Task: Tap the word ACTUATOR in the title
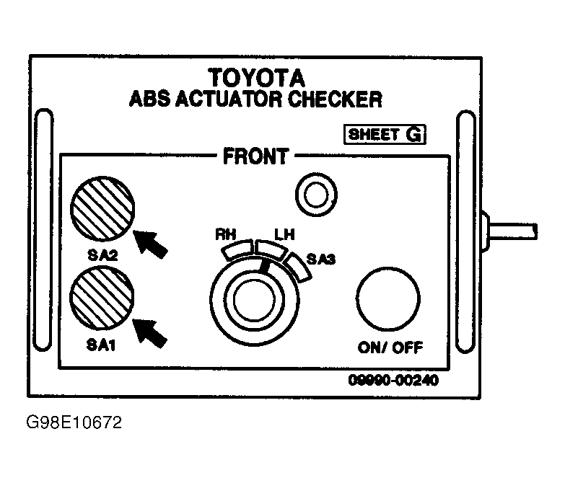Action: [229, 99]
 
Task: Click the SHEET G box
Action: [385, 135]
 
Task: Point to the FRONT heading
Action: [256, 156]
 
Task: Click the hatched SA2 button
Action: [102, 208]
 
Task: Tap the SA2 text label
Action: [102, 255]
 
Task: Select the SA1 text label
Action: [101, 345]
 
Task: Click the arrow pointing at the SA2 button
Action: [151, 243]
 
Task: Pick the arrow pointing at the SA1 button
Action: [150, 333]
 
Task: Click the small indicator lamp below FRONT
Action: [316, 195]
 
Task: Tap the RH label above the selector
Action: [226, 235]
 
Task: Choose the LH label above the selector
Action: [284, 235]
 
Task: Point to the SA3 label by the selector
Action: [320, 259]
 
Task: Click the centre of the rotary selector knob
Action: [255, 300]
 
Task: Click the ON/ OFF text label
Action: [390, 347]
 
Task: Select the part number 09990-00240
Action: [393, 380]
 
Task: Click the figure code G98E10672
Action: [74, 422]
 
